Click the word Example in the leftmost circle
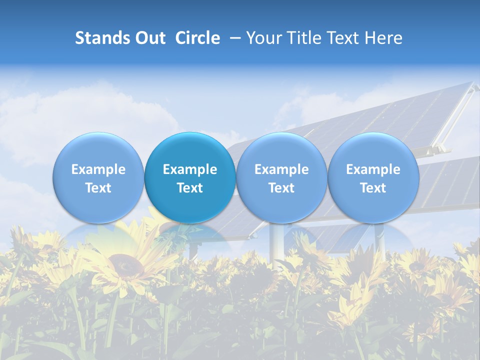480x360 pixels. tap(98, 169)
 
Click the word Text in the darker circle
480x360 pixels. tap(190, 188)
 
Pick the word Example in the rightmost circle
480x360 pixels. tap(373, 169)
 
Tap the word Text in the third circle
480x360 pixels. tap(281, 188)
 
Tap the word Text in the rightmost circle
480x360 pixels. tap(373, 188)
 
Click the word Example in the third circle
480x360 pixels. tap(281, 169)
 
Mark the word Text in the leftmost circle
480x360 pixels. tap(98, 188)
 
